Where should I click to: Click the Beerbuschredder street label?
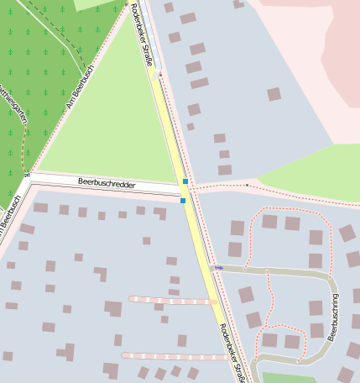[106, 181]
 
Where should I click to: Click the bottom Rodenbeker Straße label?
[232, 353]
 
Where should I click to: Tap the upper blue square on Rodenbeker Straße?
[185, 181]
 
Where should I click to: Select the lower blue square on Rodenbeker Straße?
[183, 200]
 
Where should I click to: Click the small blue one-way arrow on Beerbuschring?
[218, 267]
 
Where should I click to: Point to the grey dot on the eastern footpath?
[248, 184]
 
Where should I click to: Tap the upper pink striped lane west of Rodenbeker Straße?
[172, 300]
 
